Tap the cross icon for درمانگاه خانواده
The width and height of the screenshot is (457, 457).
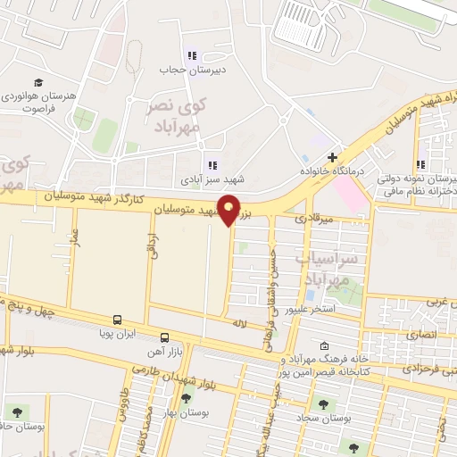pyautogui.click(x=332, y=158)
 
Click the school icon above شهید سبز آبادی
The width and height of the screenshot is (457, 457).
pyautogui.click(x=212, y=164)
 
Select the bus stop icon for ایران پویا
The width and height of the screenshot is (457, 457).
pyautogui.click(x=117, y=320)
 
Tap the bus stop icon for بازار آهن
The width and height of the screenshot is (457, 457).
pyautogui.click(x=164, y=337)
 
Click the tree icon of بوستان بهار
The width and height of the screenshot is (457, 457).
pyautogui.click(x=186, y=398)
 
